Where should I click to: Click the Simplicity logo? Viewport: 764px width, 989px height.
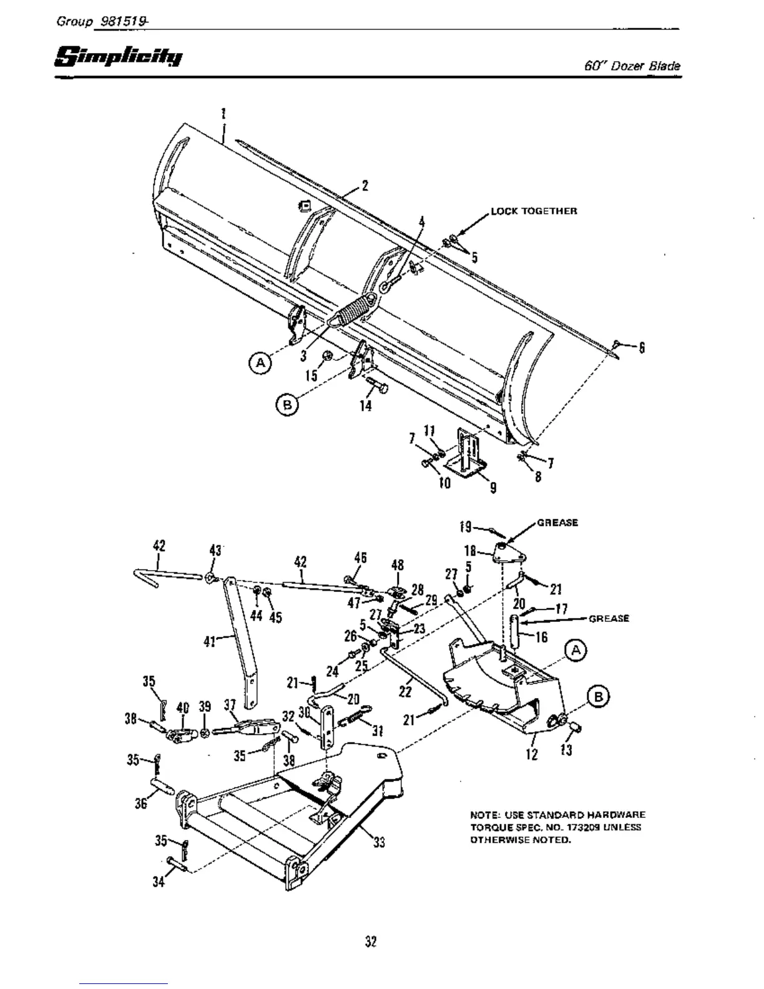click(x=119, y=57)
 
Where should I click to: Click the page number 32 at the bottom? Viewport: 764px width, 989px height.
click(x=371, y=941)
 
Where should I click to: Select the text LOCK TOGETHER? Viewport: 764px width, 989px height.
click(x=534, y=211)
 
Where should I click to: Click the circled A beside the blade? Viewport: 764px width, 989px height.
click(x=260, y=362)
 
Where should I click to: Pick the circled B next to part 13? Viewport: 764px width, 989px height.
click(x=597, y=697)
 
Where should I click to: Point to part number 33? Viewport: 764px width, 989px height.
click(x=378, y=842)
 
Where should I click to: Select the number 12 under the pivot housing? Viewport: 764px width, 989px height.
click(x=532, y=754)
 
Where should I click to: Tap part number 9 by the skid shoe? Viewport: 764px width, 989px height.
click(x=493, y=488)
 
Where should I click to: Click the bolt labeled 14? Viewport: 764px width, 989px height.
click(x=376, y=388)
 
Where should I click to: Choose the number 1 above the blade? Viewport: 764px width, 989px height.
click(x=223, y=114)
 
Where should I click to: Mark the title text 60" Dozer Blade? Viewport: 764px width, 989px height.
click(x=632, y=66)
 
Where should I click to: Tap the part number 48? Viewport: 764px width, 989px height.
click(x=397, y=565)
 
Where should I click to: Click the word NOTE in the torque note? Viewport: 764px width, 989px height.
click(x=482, y=815)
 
